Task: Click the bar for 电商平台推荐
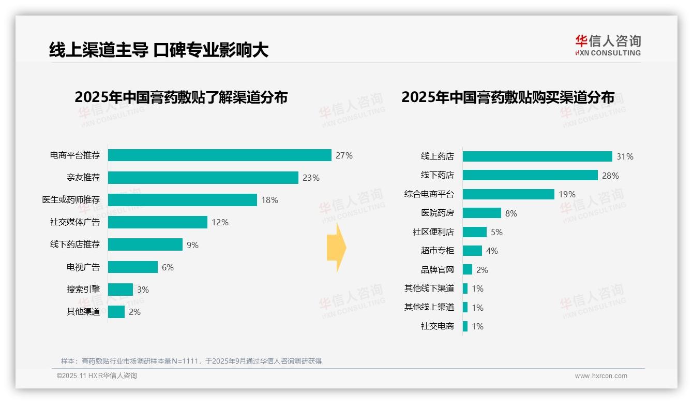219,155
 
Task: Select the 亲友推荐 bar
203,178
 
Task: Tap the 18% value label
269,200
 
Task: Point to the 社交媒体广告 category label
75,222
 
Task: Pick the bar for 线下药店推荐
145,244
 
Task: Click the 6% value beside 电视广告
168,267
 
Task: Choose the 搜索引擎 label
83,290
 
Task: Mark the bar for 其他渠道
116,312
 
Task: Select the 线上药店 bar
537,156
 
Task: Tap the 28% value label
610,176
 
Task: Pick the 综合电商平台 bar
508,194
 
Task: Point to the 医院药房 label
437,213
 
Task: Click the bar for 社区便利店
475,232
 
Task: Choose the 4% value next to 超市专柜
492,251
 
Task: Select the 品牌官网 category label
437,270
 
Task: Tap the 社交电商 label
437,326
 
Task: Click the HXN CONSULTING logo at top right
608,45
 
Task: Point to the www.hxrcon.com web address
601,376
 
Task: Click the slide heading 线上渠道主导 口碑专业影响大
159,50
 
